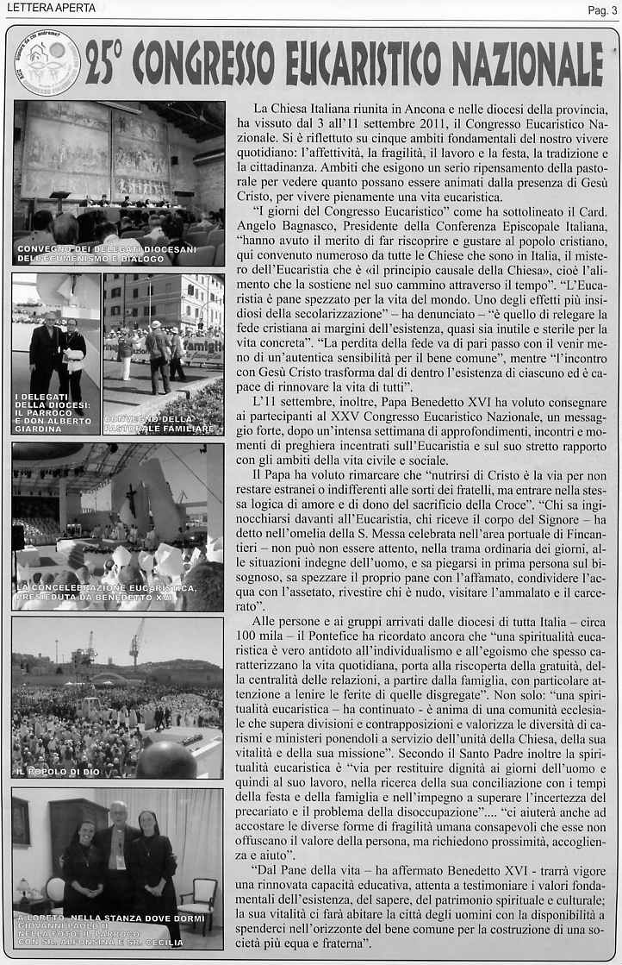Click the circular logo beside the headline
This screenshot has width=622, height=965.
[49, 64]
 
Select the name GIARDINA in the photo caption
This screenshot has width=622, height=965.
[40, 429]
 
